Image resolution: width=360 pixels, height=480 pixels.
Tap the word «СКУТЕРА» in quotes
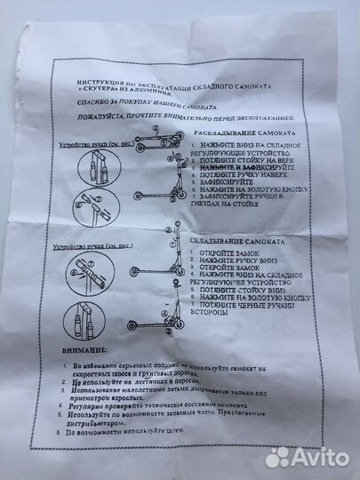tap(99, 90)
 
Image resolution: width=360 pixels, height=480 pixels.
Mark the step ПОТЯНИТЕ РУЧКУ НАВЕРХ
tap(236, 175)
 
